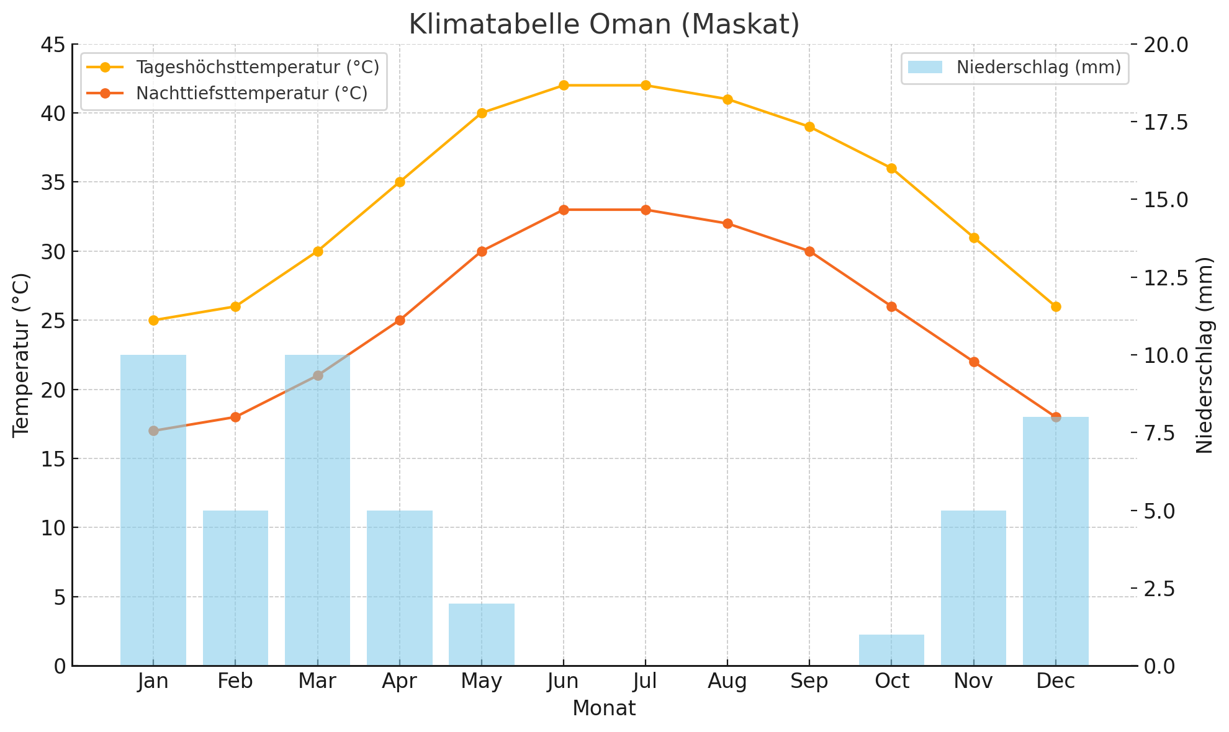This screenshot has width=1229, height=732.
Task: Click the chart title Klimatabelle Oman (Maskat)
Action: coord(604,25)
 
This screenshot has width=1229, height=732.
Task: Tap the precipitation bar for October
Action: coord(891,650)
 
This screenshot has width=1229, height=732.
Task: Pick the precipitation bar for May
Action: coord(482,635)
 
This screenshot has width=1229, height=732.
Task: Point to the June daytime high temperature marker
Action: coord(564,86)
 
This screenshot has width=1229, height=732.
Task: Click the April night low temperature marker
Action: coord(400,320)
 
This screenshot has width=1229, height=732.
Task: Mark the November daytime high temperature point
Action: coord(974,238)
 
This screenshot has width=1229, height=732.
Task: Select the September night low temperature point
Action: coord(809,251)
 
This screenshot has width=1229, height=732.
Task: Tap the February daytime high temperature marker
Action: coord(235,306)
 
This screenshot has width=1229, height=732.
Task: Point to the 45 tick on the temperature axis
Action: coord(53,45)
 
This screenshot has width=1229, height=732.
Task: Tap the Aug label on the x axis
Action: coord(727,682)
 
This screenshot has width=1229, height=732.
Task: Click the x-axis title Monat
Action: coord(604,708)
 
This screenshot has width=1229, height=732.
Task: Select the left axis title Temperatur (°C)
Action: coord(21,355)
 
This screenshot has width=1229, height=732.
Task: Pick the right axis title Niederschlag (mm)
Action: coord(1204,355)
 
